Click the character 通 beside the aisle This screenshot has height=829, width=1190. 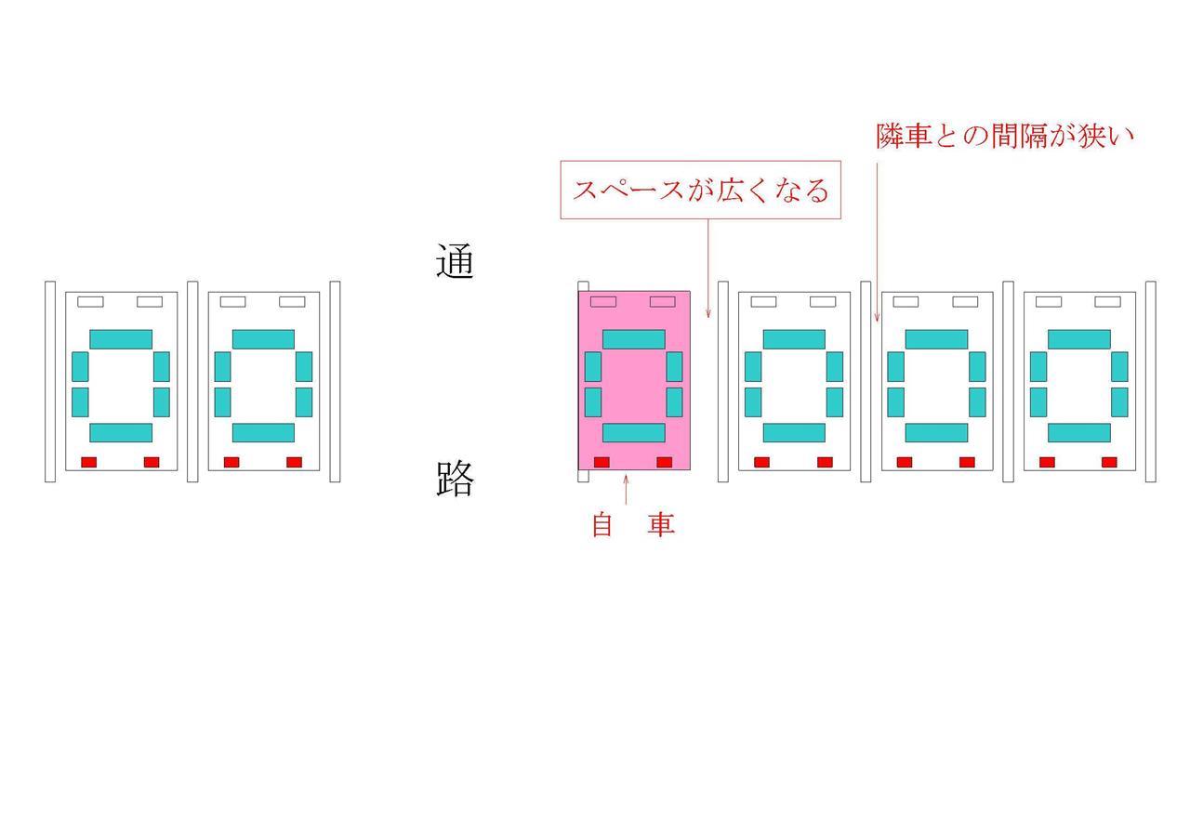(455, 260)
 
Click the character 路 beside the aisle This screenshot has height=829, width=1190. (455, 478)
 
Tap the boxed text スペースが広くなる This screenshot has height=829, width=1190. (701, 191)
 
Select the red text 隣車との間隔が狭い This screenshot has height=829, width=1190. (1005, 136)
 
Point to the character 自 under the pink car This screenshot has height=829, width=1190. (602, 524)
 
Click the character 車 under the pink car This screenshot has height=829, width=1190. (661, 524)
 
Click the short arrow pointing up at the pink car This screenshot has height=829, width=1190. (626, 489)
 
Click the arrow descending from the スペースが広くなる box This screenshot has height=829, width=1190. (708, 269)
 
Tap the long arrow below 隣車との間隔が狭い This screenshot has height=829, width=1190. (877, 243)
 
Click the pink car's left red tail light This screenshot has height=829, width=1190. (602, 462)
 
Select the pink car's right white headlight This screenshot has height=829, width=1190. (663, 302)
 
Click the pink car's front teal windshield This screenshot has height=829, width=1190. (634, 339)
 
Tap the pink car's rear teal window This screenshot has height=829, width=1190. (634, 433)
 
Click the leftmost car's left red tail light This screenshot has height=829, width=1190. (88, 462)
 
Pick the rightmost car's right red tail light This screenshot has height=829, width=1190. (1109, 462)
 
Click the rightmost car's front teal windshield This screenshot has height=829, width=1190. (1079, 339)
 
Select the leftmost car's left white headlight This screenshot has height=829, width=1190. (90, 302)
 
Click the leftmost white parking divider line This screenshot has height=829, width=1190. (50, 381)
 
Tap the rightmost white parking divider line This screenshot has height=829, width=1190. (1151, 381)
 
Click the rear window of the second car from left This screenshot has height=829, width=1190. (263, 433)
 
